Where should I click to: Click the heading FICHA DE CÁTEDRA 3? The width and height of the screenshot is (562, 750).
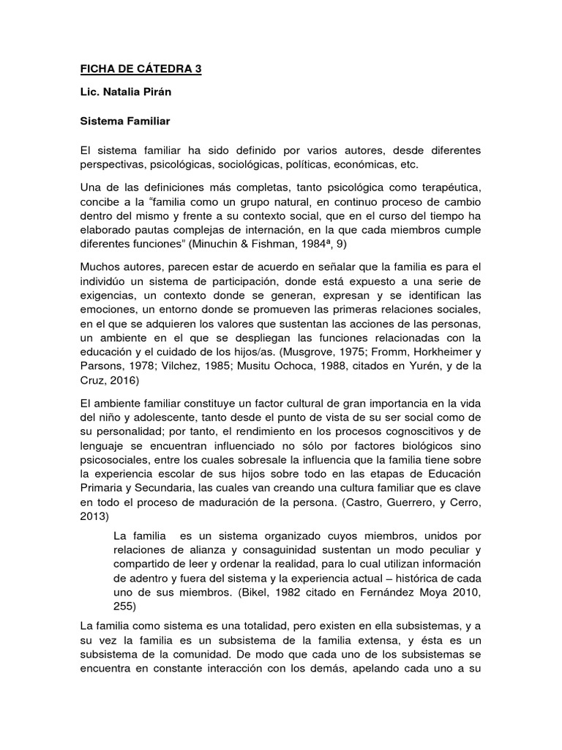pyautogui.click(x=140, y=70)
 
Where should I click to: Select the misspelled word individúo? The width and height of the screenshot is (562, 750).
pyautogui.click(x=106, y=281)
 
